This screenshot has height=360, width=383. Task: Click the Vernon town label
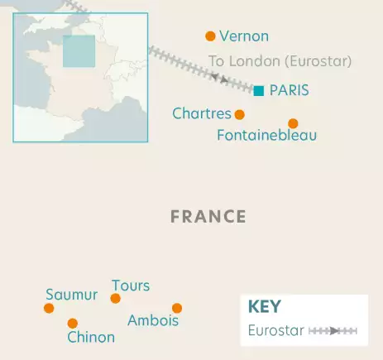[244, 36]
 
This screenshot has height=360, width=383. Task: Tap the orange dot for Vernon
[210, 36]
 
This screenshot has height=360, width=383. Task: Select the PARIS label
[289, 90]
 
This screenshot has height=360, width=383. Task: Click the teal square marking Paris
[259, 90]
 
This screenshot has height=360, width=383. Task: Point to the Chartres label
[201, 113]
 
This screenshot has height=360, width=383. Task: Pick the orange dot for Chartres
[240, 115]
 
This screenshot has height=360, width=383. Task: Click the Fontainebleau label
[266, 135]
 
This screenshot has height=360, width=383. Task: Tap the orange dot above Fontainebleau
[293, 123]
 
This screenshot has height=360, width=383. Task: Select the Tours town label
[131, 286]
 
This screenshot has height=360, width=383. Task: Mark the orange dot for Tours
[116, 298]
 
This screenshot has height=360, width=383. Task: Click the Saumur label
[71, 295]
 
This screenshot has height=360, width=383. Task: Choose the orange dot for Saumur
[49, 308]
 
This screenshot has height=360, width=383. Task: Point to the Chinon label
[91, 337]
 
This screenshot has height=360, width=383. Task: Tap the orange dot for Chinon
[73, 324]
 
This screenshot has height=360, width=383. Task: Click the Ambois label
[153, 320]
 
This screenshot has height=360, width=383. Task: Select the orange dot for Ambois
[177, 308]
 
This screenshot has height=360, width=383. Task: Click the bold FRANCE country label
[208, 217]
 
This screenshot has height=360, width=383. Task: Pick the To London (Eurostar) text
[280, 61]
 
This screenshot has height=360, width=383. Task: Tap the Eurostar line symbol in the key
[332, 331]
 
